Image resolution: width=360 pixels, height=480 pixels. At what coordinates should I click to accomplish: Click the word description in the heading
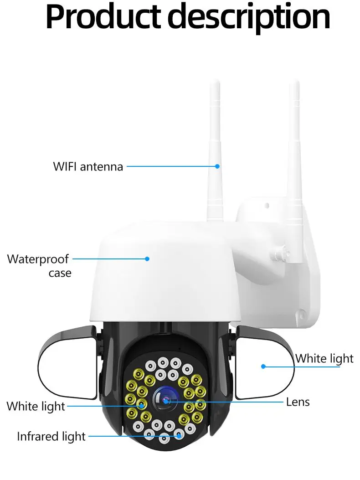click(x=252, y=17)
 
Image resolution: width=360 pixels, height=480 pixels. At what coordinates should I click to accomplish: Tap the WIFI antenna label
click(x=88, y=166)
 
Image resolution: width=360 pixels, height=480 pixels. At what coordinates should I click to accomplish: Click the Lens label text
click(x=298, y=402)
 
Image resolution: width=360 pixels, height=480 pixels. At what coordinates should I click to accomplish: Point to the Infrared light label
click(x=51, y=436)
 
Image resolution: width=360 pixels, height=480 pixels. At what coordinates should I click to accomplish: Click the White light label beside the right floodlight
click(x=324, y=359)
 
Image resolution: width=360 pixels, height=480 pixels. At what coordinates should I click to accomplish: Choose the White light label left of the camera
click(x=36, y=406)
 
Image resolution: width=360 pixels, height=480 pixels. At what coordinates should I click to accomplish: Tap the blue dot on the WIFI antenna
click(x=218, y=166)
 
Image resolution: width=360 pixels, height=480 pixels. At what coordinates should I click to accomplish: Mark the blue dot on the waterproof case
click(x=147, y=259)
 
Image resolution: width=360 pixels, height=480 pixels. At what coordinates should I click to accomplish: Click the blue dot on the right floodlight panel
click(x=263, y=366)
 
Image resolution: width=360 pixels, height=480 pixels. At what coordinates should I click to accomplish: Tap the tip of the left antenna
click(x=214, y=83)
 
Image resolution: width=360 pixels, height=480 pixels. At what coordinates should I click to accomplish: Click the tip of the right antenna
click(x=294, y=83)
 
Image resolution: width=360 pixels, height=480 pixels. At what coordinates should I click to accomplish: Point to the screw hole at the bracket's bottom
click(x=301, y=314)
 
